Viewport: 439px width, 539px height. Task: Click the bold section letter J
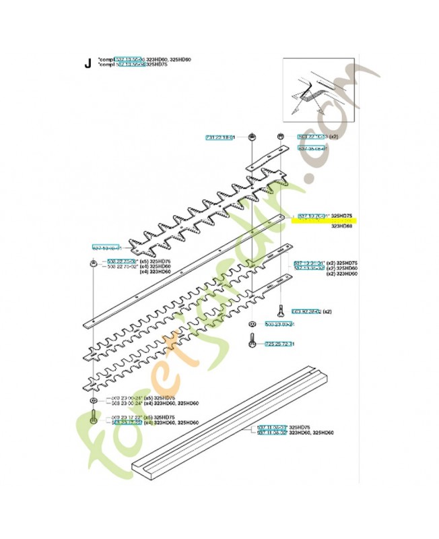pos(86,65)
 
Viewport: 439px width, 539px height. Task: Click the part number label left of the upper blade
pos(106,248)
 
